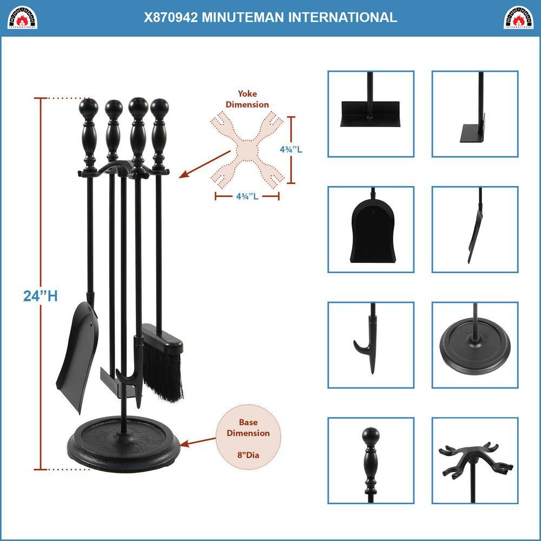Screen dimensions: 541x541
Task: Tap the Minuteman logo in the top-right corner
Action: click(x=518, y=17)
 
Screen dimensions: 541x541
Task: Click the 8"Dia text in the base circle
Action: click(x=248, y=455)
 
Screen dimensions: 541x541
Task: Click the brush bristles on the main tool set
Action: click(x=162, y=373)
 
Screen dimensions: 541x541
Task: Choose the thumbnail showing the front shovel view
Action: click(x=371, y=229)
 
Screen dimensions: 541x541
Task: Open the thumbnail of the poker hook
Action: click(x=371, y=345)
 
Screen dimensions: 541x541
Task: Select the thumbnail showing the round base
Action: click(x=474, y=345)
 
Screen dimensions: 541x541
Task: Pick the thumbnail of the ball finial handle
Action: click(x=371, y=460)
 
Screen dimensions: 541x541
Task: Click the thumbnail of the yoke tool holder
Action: click(x=474, y=460)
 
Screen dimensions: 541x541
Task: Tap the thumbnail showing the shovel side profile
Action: click(x=474, y=229)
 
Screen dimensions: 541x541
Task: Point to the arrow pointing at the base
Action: click(x=197, y=442)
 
